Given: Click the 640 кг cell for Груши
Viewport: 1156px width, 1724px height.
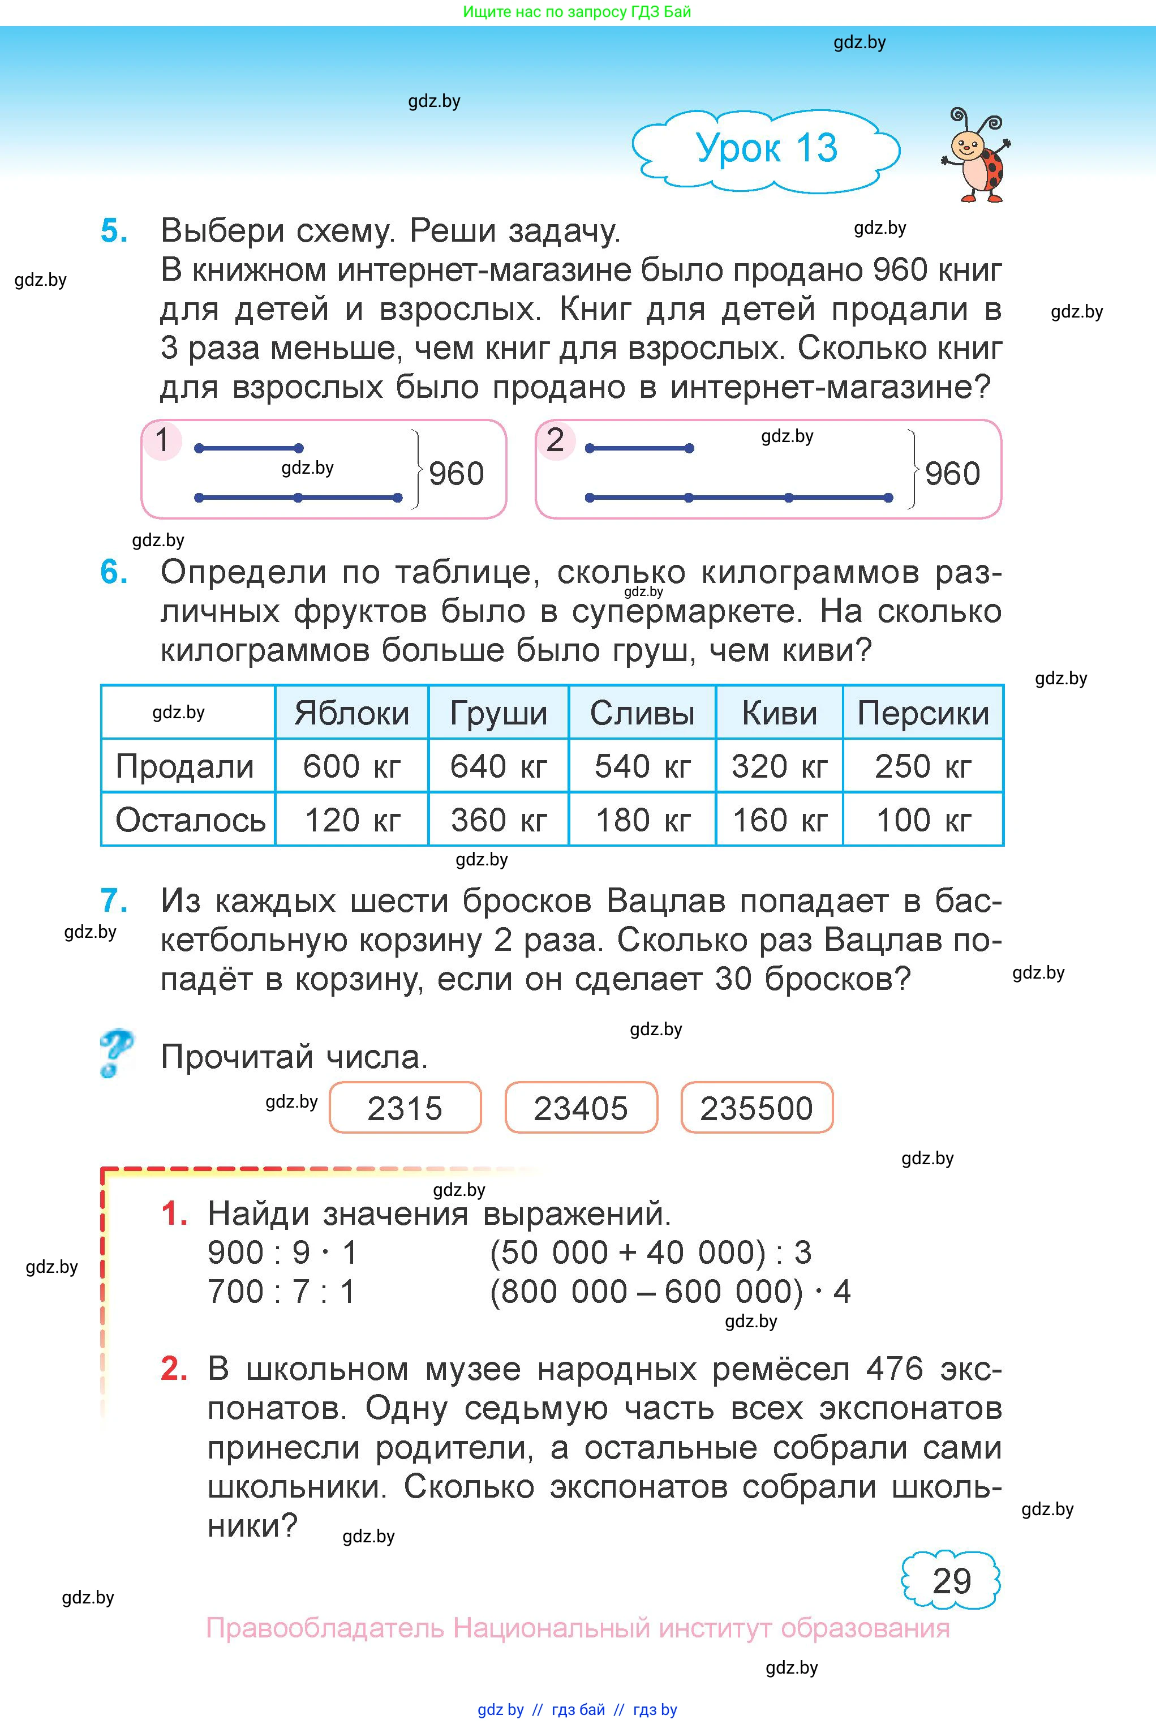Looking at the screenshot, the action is (x=499, y=766).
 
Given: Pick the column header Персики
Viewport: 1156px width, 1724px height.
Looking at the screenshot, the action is (x=923, y=713).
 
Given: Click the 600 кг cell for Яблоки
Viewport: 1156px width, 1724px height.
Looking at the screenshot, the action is (x=351, y=766).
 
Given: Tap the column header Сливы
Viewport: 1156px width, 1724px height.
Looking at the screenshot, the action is (x=642, y=713).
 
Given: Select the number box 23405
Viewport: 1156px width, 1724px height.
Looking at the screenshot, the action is (x=581, y=1108).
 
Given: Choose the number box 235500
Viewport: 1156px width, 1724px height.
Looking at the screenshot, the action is (x=757, y=1108).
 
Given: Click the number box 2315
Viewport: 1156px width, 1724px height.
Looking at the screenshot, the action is (x=405, y=1108).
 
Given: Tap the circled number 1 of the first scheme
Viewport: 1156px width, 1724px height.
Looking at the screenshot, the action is (x=162, y=440).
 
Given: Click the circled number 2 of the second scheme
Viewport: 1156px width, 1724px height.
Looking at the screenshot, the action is (x=555, y=440).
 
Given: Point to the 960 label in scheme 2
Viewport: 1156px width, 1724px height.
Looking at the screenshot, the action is (x=952, y=473).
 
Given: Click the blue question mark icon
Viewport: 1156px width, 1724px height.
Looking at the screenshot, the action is (x=116, y=1053).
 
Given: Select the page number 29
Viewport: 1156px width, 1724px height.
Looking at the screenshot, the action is (x=951, y=1581).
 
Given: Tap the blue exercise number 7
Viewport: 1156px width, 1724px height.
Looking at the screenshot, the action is (x=114, y=900).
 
